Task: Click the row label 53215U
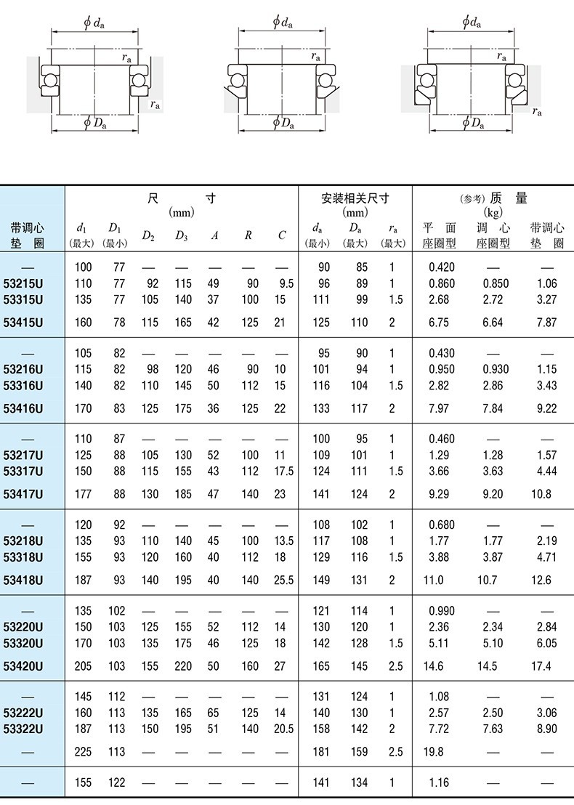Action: pyautogui.click(x=23, y=283)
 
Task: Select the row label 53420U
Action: pyautogui.click(x=23, y=666)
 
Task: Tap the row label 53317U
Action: pyautogui.click(x=23, y=472)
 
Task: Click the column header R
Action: pyautogui.click(x=248, y=235)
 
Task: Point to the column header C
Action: pyautogui.click(x=282, y=235)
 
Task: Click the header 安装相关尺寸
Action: pyautogui.click(x=355, y=198)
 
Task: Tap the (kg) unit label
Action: pyautogui.click(x=493, y=213)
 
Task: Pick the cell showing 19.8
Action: pyautogui.click(x=434, y=752)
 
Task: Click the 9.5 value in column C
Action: pyautogui.click(x=286, y=283)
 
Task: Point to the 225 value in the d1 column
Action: pyautogui.click(x=84, y=752)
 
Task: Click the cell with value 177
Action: pyautogui.click(x=84, y=494)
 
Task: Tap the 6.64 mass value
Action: pyautogui.click(x=493, y=323)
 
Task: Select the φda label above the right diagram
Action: pyautogui.click(x=472, y=23)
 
